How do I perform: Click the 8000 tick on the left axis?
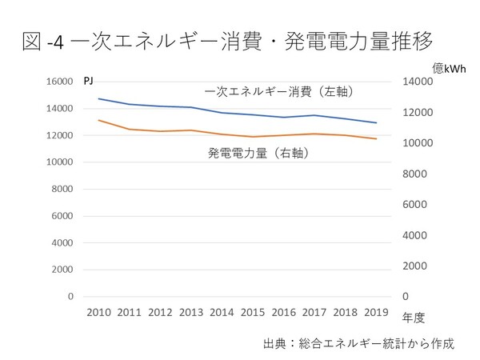point(60,189)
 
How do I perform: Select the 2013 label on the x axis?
point(191,312)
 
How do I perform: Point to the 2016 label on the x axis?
point(284,312)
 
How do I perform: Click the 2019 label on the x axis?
point(378,312)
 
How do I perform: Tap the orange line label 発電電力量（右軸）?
point(258,150)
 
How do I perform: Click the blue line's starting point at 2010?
point(98,98)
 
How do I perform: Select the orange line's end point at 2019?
point(378,139)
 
